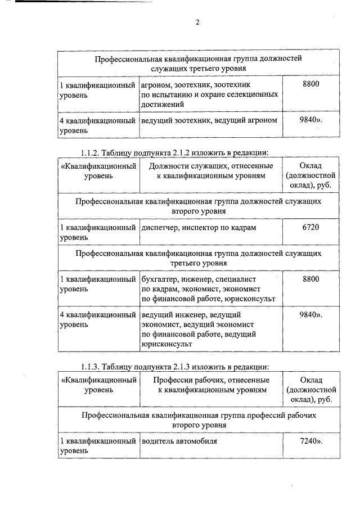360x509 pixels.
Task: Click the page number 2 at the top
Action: click(x=197, y=22)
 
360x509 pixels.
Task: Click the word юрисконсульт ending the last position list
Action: click(x=167, y=343)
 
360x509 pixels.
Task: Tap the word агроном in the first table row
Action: click(x=156, y=85)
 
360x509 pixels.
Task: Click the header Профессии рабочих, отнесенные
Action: click(x=211, y=380)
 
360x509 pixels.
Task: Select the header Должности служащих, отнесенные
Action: click(x=211, y=166)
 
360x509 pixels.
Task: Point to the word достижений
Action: click(x=163, y=104)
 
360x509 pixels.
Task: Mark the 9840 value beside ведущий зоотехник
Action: click(x=310, y=120)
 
